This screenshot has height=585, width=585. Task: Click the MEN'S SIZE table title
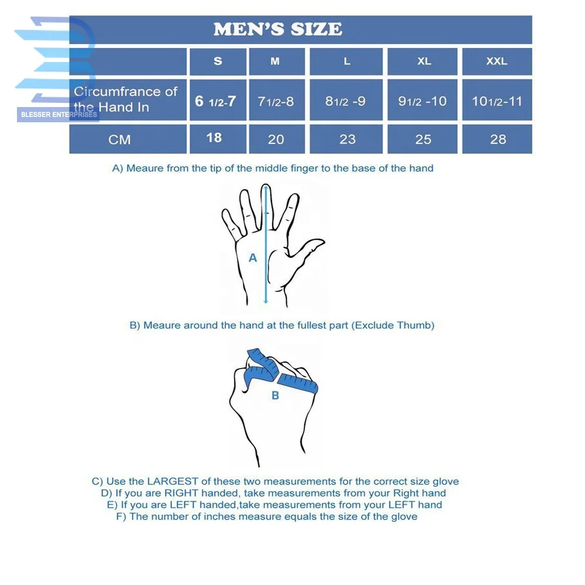pyautogui.click(x=277, y=29)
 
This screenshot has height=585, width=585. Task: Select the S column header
pyautogui.click(x=218, y=61)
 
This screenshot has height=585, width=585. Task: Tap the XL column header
pyautogui.click(x=424, y=61)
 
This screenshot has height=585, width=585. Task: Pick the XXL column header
pyautogui.click(x=497, y=61)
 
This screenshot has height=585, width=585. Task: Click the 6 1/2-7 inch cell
pyautogui.click(x=215, y=101)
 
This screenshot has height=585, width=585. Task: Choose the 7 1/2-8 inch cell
pyautogui.click(x=276, y=101)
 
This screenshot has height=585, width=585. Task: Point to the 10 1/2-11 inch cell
pyautogui.click(x=497, y=101)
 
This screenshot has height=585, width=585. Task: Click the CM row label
pyautogui.click(x=119, y=140)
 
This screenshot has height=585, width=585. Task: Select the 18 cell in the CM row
pyautogui.click(x=214, y=137)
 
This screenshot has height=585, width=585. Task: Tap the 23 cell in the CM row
pyautogui.click(x=347, y=139)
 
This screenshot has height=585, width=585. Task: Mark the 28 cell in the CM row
pyautogui.click(x=498, y=139)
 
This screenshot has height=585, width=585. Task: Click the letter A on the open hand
pyautogui.click(x=253, y=257)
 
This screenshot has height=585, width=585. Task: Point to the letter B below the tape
pyautogui.click(x=275, y=396)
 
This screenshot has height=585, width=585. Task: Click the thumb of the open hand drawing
pyautogui.click(x=308, y=245)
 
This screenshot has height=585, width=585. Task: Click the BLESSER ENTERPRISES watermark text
pyautogui.click(x=58, y=115)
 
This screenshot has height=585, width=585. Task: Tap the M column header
pyautogui.click(x=275, y=61)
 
